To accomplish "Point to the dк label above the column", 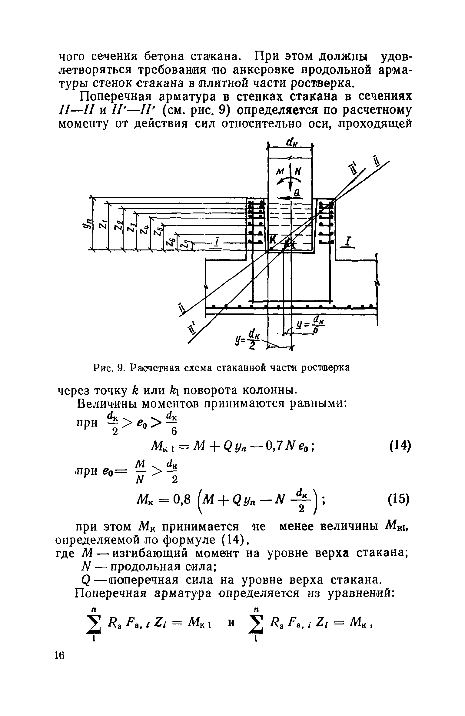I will [291, 142].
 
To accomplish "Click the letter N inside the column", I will [298, 172].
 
